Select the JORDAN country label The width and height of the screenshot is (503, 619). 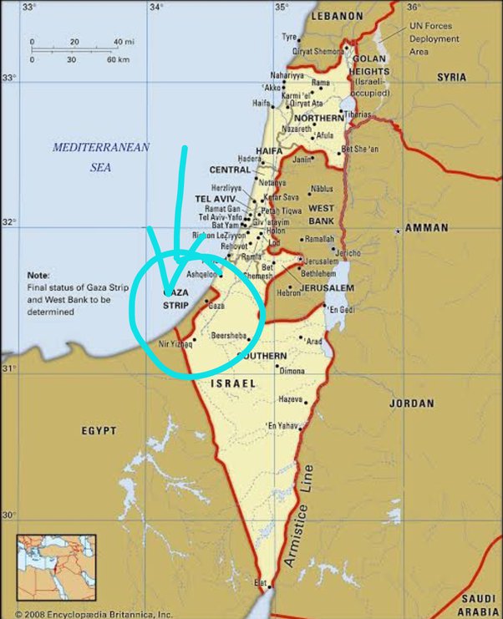(411, 403)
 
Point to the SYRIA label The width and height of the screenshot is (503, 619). (452, 77)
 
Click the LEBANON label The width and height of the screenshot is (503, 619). (337, 16)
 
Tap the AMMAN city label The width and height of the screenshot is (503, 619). (427, 227)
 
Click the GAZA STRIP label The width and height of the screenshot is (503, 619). (175, 300)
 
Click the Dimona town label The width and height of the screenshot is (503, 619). (291, 370)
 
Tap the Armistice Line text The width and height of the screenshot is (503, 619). (297, 515)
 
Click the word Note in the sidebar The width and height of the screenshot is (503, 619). (38, 275)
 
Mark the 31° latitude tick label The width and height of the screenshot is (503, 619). (9, 368)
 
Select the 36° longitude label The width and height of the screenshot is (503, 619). (411, 7)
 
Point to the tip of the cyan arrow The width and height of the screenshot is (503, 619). (167, 292)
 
